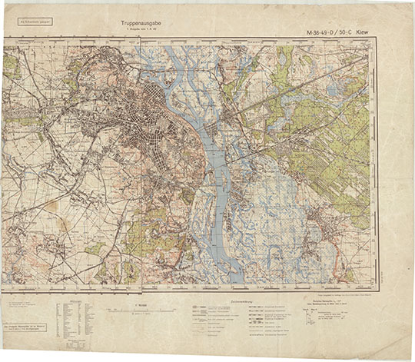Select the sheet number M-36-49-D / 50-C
[336, 32]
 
